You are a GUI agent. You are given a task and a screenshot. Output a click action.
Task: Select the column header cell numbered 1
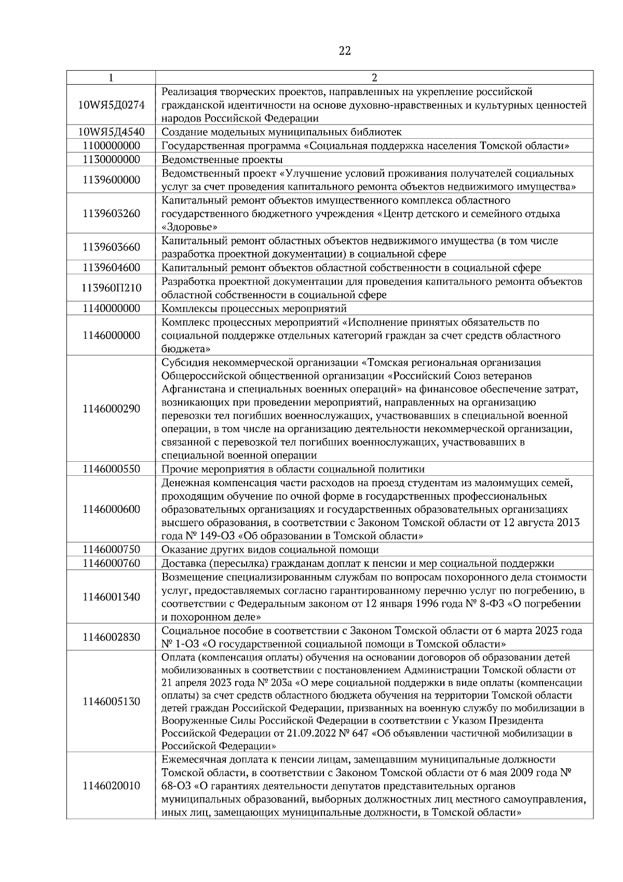click(x=111, y=78)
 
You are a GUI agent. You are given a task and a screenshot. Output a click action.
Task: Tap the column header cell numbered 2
click(x=374, y=78)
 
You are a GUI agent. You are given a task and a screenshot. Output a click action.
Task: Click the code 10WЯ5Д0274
click(x=111, y=105)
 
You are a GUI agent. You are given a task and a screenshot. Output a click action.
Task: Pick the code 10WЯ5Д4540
click(x=111, y=132)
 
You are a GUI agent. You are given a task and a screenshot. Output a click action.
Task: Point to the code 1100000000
click(x=111, y=145)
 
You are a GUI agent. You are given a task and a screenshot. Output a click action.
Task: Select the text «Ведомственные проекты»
click(x=222, y=159)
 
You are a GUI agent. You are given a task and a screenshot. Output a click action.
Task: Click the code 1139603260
click(x=111, y=213)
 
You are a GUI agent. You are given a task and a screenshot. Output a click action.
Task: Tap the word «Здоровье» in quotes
click(x=189, y=227)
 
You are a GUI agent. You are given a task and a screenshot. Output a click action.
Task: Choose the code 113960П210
click(x=111, y=288)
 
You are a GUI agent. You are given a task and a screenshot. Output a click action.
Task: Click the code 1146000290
click(x=111, y=409)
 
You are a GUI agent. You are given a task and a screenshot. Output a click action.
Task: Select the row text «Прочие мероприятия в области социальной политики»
click(x=293, y=469)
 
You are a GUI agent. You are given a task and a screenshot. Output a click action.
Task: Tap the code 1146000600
click(x=111, y=509)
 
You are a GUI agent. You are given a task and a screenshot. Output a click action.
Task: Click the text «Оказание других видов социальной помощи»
click(x=270, y=550)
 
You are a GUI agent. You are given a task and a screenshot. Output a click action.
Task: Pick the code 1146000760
click(x=111, y=563)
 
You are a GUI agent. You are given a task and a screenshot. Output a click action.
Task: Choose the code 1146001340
click(x=111, y=597)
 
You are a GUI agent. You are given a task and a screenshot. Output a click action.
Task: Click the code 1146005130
click(x=111, y=701)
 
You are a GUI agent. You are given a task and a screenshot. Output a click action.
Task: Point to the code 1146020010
click(x=111, y=785)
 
